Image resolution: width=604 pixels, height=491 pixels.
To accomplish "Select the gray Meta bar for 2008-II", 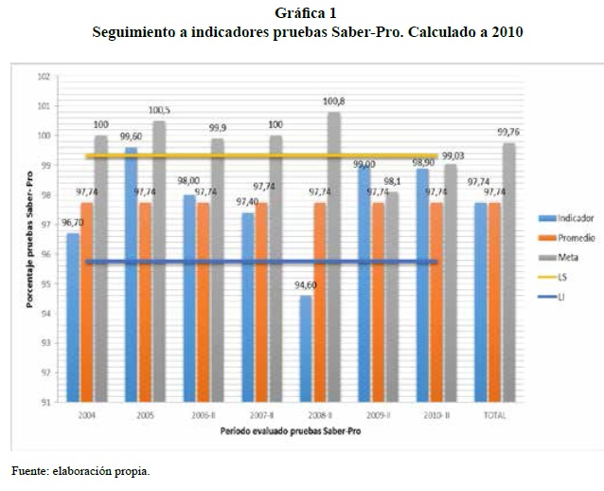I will click(x=334, y=256).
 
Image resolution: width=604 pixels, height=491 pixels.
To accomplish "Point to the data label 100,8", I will click(x=334, y=101).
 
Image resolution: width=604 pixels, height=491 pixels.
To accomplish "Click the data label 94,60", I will click(x=305, y=285).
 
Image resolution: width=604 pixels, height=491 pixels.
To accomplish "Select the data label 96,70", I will click(x=72, y=223).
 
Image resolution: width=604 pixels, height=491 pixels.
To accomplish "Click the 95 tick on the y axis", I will click(x=44, y=283).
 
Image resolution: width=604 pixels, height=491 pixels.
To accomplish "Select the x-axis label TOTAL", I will click(x=494, y=415).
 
